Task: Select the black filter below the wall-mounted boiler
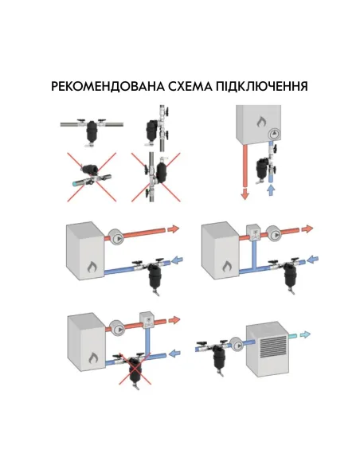(x=259, y=167)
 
